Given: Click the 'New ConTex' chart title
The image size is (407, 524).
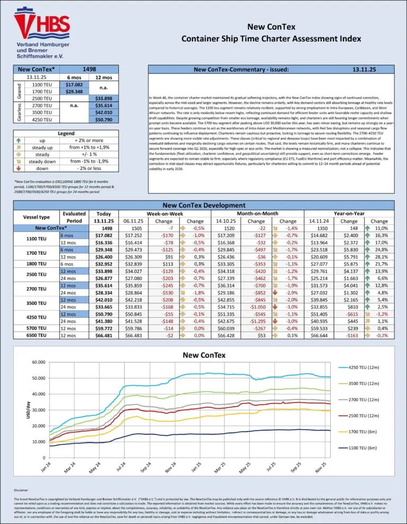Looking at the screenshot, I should tap(203, 354).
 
